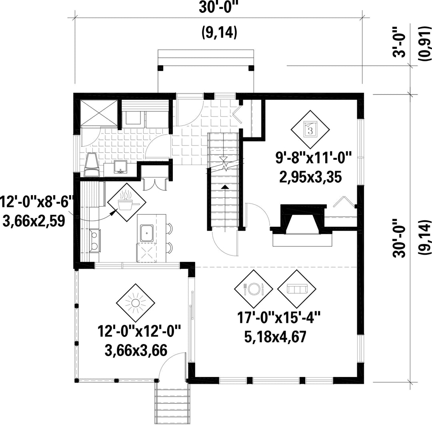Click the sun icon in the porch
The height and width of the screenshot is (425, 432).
[136, 304]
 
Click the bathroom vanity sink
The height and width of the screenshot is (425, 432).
[120, 166]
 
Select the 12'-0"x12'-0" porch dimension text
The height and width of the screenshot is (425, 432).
[140, 333]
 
